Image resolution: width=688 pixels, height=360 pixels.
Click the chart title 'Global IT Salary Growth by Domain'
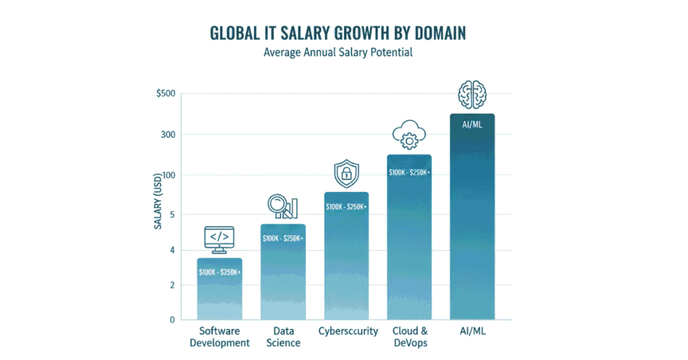[x=343, y=34]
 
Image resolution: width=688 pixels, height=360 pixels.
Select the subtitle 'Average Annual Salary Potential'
[x=343, y=52]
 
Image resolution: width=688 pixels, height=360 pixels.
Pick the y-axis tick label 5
[x=171, y=215]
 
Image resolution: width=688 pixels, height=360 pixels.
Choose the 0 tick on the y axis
[x=171, y=320]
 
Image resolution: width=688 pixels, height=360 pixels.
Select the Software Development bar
[x=220, y=296]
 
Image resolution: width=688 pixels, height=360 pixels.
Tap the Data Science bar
[x=283, y=282]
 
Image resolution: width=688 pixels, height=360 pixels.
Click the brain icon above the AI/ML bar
[x=472, y=95]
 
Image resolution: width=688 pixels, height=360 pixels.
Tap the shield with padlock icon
[x=346, y=174]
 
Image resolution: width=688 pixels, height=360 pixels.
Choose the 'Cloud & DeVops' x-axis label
[x=409, y=336]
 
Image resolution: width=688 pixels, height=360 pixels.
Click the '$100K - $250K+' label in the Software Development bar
[x=220, y=272]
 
